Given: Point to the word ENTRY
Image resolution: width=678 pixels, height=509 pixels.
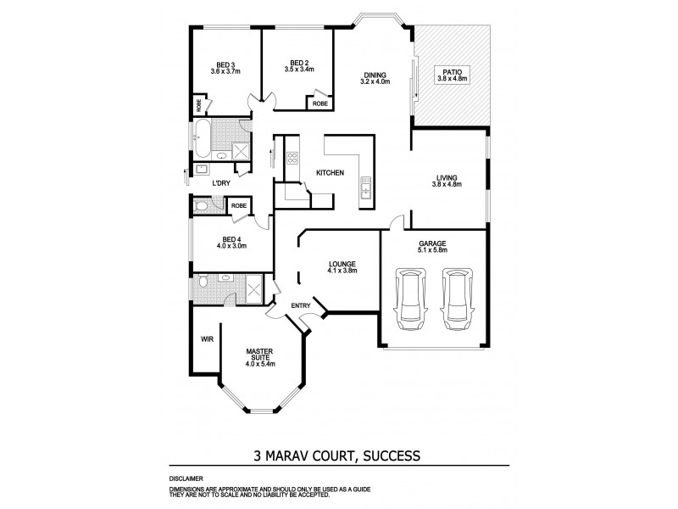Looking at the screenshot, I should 300,305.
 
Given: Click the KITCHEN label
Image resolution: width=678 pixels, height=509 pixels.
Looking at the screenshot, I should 329,173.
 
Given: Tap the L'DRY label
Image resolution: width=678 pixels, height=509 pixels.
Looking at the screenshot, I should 221,183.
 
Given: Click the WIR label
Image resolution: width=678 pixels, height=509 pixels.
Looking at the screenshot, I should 205,338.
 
